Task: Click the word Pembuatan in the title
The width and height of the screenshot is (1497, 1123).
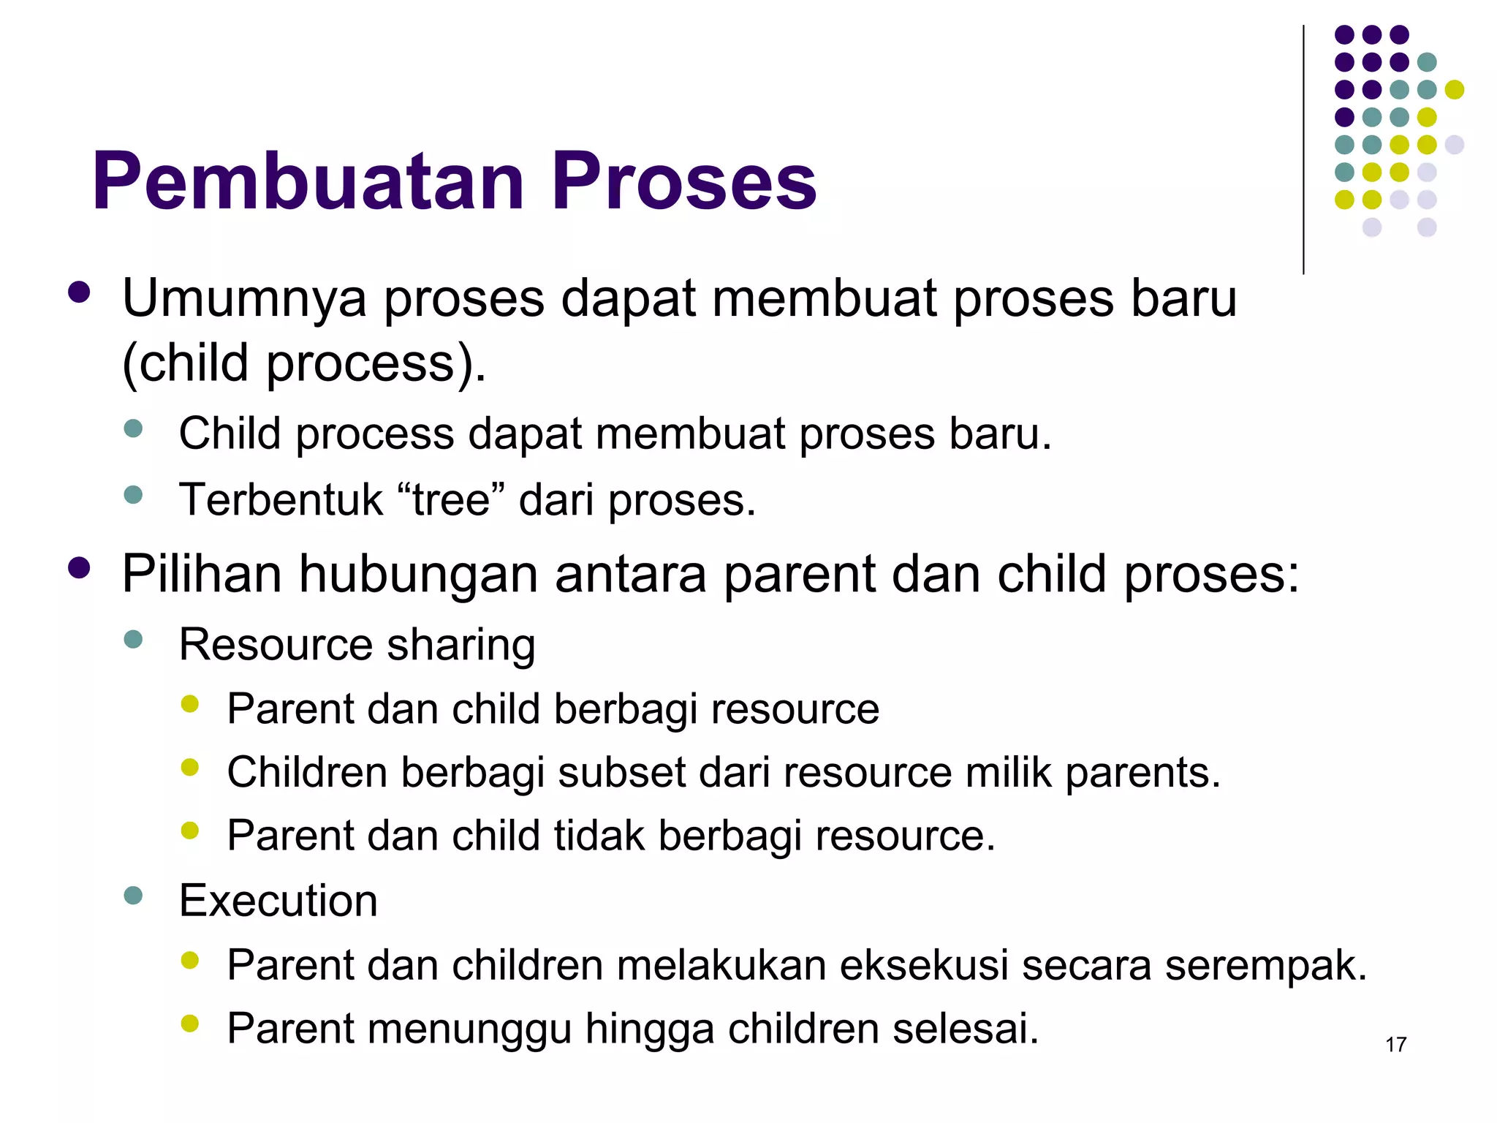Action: coord(308,181)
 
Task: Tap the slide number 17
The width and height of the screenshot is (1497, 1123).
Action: coord(1395,1045)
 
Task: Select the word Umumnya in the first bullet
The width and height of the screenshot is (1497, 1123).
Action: coord(244,299)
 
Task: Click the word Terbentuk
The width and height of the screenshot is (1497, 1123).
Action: coord(281,500)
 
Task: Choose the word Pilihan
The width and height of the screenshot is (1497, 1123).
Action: coord(202,574)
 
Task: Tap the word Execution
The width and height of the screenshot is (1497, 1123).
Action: coord(278,900)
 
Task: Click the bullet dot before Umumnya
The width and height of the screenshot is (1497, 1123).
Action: coord(79,293)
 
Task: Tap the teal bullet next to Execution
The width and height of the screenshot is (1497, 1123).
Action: coord(133,896)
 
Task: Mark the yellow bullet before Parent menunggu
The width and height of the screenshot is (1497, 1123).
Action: coord(190,1023)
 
